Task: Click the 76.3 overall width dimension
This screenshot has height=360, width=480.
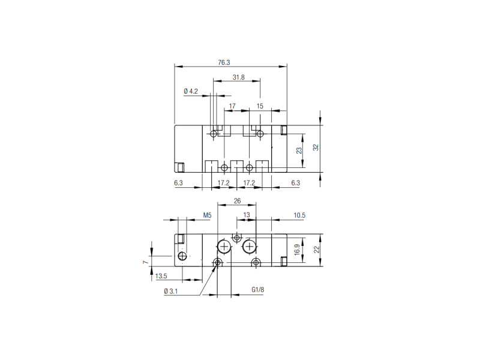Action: (x=224, y=62)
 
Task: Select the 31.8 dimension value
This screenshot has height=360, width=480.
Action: (x=238, y=77)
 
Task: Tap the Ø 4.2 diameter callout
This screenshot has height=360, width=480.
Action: (x=191, y=91)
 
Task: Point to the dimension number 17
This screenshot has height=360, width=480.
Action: (x=232, y=106)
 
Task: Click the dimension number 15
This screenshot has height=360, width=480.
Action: (x=260, y=106)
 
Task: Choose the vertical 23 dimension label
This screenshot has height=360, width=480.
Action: (x=299, y=151)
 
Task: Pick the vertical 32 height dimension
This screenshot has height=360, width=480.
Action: (x=316, y=147)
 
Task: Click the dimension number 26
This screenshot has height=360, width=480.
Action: (x=237, y=201)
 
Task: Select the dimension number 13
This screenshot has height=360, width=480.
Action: (x=247, y=215)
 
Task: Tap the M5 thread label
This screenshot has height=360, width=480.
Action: (x=207, y=215)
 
